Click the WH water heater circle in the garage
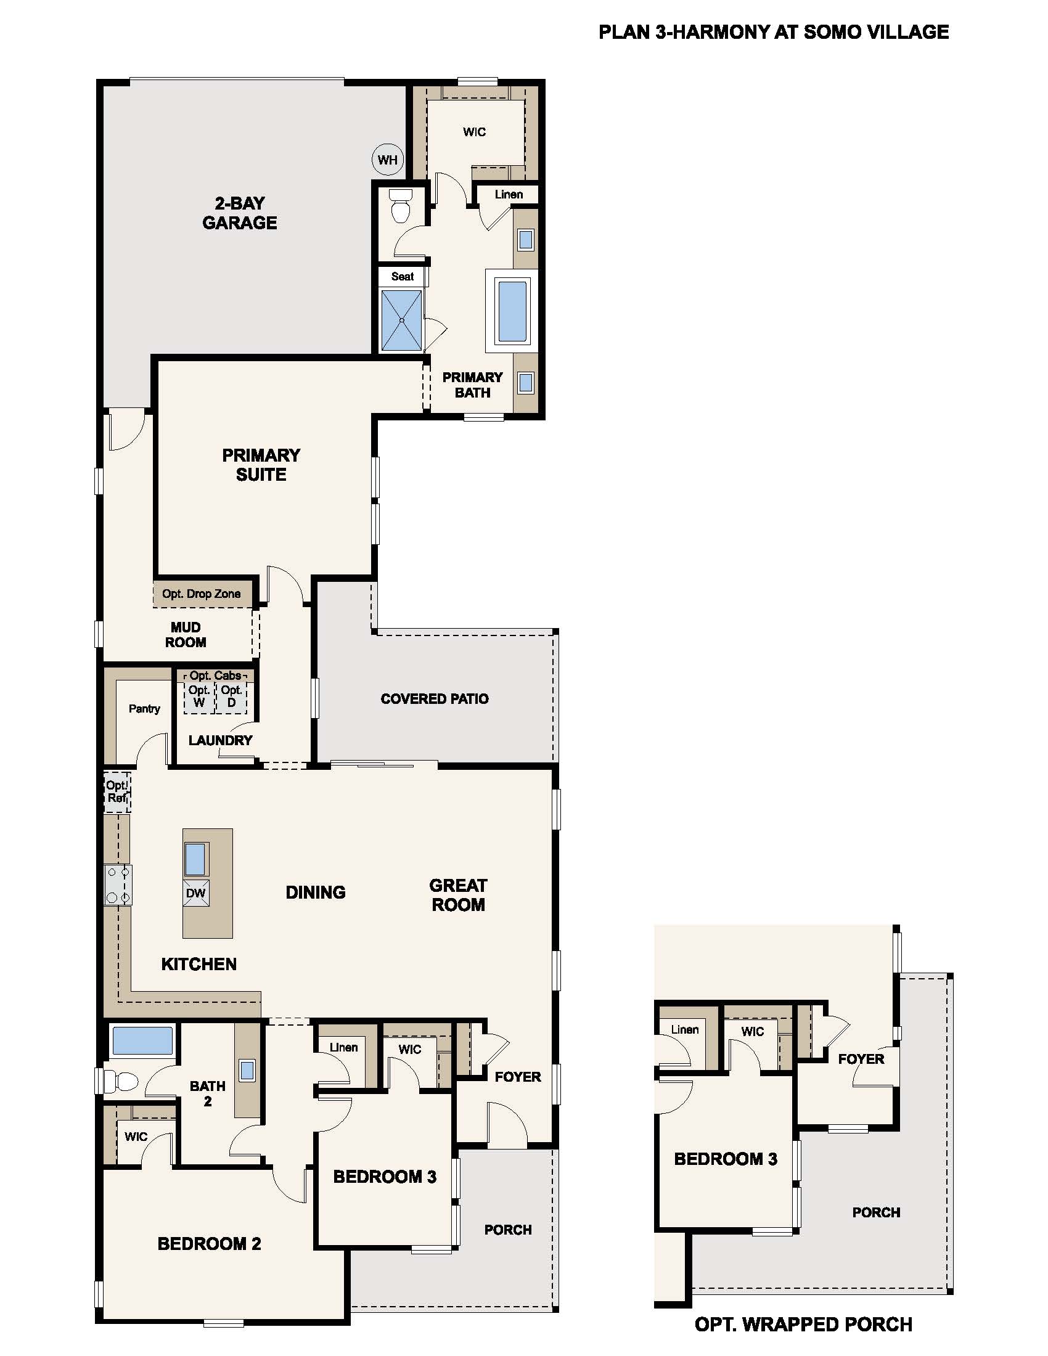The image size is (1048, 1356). pos(387,160)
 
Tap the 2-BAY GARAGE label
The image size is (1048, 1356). pos(240,213)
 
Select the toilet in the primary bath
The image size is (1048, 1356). pos(401,206)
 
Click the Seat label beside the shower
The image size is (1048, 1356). pos(403,277)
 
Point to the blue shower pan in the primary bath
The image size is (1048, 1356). pos(402,321)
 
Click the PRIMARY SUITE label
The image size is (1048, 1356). pos(261,464)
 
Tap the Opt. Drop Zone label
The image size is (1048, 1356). pos(201,594)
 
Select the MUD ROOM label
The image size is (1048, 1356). pos(185,634)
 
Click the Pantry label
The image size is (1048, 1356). pos(144,708)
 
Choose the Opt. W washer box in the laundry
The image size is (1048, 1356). pos(199,696)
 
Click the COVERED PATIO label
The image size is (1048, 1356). pos(434,699)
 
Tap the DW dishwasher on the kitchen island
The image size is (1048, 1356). pos(195,894)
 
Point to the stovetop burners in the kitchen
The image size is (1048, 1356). pos(118,884)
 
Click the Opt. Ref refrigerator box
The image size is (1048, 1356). pos(117,792)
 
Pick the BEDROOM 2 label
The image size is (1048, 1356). pos(209,1244)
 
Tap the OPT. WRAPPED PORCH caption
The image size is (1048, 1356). pos(803,1325)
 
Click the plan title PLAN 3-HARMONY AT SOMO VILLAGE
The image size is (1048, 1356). pos(774,32)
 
